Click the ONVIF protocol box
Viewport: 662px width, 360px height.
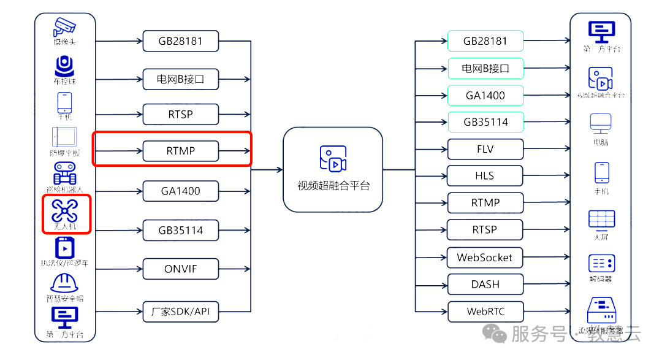point(180,269)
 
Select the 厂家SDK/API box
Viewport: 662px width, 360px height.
point(180,312)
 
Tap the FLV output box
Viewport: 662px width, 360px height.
point(485,149)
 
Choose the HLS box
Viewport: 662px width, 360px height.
point(485,176)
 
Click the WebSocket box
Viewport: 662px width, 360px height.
point(485,258)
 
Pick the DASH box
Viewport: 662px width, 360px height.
point(485,285)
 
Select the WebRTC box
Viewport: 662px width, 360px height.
point(485,312)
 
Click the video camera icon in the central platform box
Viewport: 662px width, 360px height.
point(333,158)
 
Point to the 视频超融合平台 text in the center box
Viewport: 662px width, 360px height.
point(333,186)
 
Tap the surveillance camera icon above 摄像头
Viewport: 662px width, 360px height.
point(64,26)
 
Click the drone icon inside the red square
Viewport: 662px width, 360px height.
point(64,210)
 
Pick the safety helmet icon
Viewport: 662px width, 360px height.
point(64,283)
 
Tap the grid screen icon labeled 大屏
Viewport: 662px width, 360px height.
point(601,218)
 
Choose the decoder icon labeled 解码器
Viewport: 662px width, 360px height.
point(601,264)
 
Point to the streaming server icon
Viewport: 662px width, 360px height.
point(601,309)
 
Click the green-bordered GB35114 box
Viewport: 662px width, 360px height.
point(485,122)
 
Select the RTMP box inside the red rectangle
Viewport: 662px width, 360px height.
point(180,151)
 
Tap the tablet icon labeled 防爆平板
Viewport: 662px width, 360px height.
point(64,136)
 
